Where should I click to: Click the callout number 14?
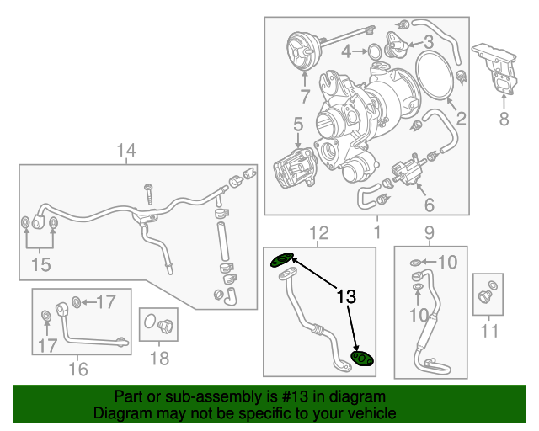click(x=126, y=151)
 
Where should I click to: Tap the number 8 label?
click(x=504, y=120)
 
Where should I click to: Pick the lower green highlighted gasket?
click(x=361, y=359)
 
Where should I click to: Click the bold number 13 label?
click(x=347, y=297)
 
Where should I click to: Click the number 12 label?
click(x=318, y=232)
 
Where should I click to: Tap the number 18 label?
click(x=159, y=359)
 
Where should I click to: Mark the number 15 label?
click(x=40, y=265)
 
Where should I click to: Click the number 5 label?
click(x=297, y=125)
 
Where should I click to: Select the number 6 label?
click(x=429, y=204)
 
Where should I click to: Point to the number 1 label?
click(x=377, y=231)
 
